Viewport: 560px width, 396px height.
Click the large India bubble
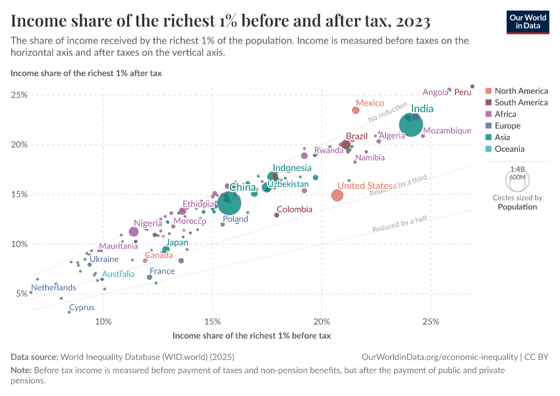(x=411, y=125)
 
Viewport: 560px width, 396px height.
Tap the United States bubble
(x=337, y=195)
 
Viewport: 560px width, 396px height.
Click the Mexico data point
(x=356, y=110)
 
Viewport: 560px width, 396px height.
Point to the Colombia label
(x=294, y=209)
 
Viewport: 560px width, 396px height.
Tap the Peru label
(x=463, y=92)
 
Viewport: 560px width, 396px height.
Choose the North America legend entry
(x=520, y=91)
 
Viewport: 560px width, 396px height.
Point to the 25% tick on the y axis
(x=18, y=95)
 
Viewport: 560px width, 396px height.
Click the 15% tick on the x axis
(x=212, y=321)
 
